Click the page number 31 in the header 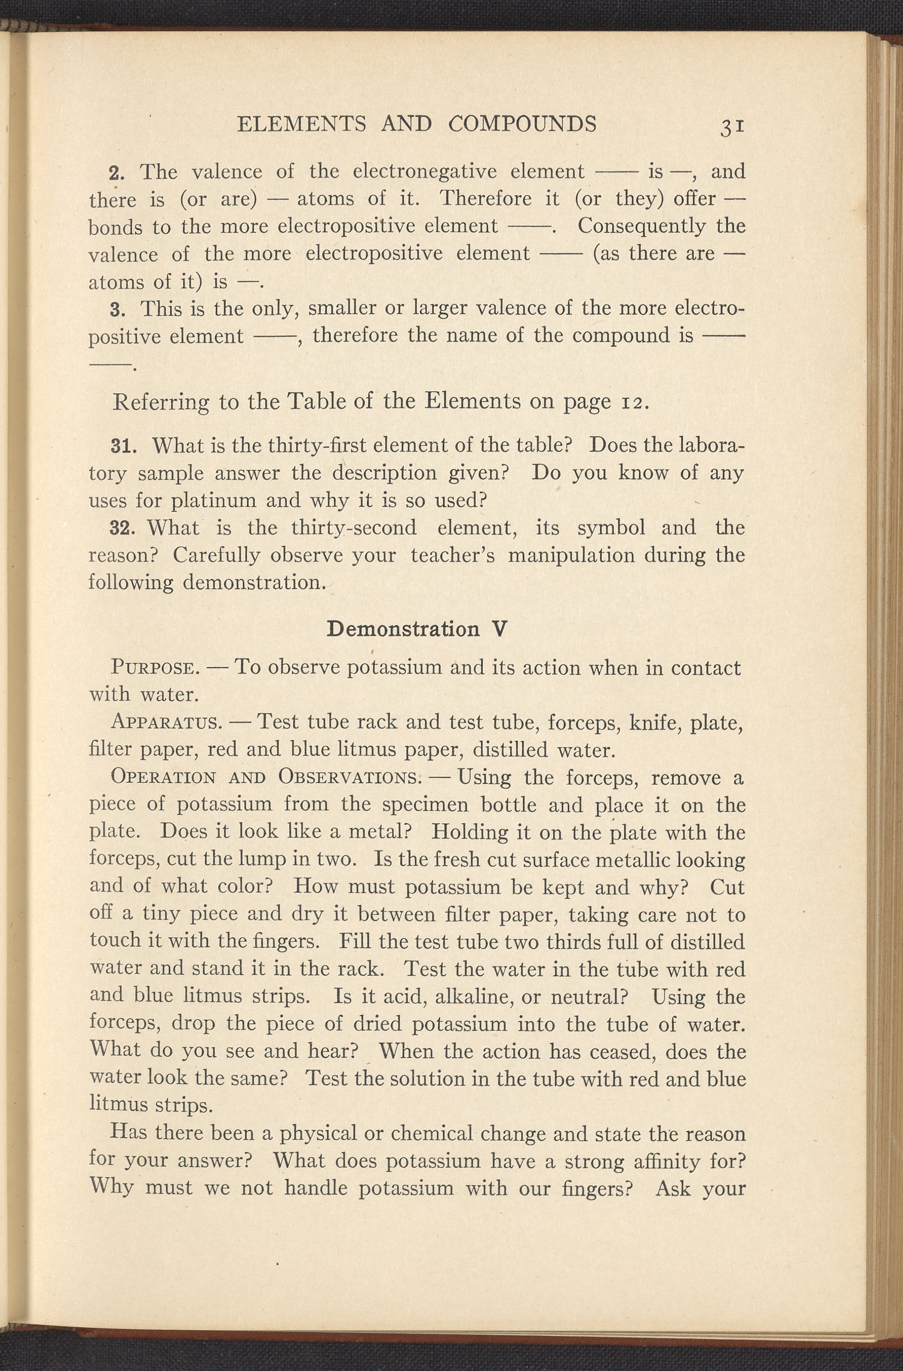pyautogui.click(x=732, y=126)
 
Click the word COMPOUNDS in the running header pyautogui.click(x=522, y=124)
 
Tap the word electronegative pyautogui.click(x=424, y=172)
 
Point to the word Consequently pyautogui.click(x=641, y=226)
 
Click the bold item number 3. pyautogui.click(x=116, y=309)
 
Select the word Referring pyautogui.click(x=161, y=401)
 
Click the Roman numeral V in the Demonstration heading pyautogui.click(x=500, y=629)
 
